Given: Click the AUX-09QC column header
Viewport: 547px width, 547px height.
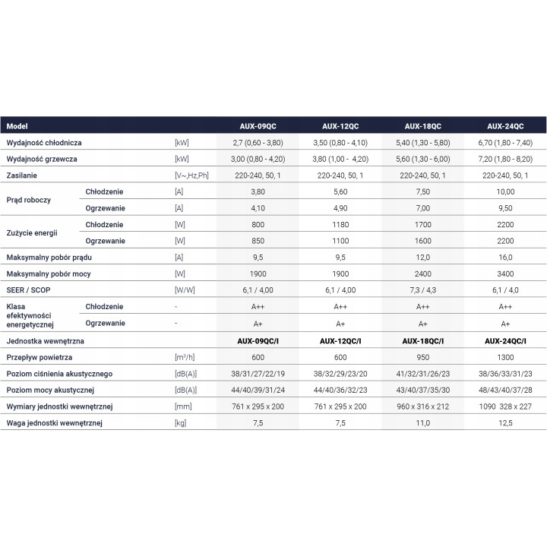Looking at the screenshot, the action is coord(258,126).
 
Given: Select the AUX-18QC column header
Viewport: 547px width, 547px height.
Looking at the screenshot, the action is coord(423,126).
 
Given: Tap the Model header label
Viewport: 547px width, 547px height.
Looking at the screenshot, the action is coord(17,126).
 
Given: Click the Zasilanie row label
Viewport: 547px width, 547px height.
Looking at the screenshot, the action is coord(21,175).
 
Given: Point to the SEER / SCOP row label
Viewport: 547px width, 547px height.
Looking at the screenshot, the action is coord(28,290).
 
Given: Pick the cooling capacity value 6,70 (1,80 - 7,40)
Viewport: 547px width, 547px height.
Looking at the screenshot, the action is coord(505,143).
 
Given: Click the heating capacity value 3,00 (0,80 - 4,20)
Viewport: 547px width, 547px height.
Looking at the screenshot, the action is coord(258,159).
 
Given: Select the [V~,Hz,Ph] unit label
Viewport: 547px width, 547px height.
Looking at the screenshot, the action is coord(191,175).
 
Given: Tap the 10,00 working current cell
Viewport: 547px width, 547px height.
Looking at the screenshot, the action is coord(505,192).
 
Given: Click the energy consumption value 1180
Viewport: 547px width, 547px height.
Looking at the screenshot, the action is coord(340,225).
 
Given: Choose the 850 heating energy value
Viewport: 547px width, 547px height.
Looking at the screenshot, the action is coord(258,241).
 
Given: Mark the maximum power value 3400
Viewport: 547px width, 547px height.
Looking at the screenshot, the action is coord(505,273).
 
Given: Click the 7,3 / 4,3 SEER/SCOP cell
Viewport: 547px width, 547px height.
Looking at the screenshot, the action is coord(423,290).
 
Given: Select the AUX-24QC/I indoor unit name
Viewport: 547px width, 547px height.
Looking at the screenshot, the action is coord(505,341).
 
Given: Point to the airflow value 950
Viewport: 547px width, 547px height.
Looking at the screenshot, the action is coord(423,358).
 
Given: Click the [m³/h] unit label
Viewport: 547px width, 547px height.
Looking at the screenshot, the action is coord(185,358).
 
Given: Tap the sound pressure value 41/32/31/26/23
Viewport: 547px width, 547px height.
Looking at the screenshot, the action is coord(423,374).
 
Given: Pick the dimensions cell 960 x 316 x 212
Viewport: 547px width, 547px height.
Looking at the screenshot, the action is coord(423,406).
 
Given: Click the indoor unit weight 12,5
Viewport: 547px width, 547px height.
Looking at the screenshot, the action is coord(505,423).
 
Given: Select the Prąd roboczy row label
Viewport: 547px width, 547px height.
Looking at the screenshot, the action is coord(29,201).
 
